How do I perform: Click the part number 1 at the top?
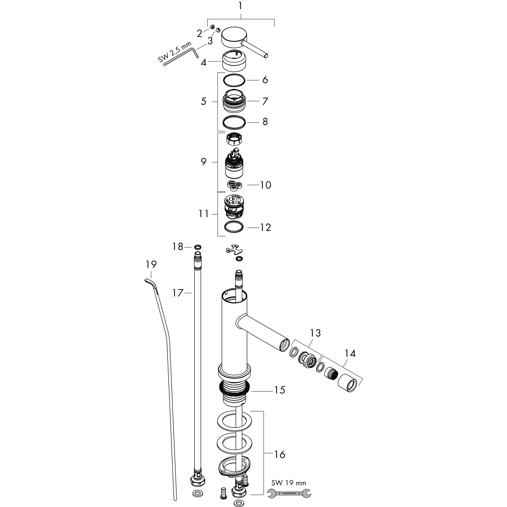coord(240,6)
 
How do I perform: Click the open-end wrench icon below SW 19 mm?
coord(289,493)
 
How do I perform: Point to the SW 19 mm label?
coord(289,482)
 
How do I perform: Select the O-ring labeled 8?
coord(234,122)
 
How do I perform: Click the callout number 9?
coord(204,162)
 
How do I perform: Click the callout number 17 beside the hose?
coord(178,293)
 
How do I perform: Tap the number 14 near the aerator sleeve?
coord(350,354)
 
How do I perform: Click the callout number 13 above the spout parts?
coord(315,333)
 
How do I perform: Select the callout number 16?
coord(280,454)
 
